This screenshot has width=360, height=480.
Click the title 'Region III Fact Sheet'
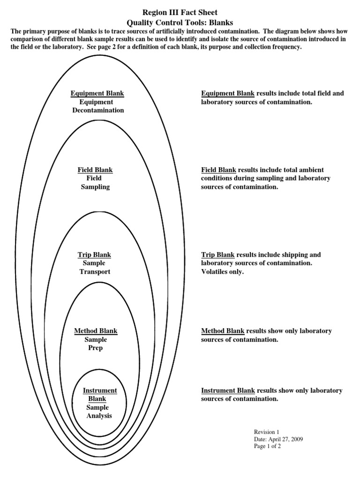(x=180, y=12)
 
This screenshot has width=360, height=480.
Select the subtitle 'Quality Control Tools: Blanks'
(x=180, y=22)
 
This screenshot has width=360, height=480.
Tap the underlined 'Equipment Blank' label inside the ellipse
(x=97, y=93)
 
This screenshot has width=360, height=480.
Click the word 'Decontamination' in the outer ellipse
(x=98, y=110)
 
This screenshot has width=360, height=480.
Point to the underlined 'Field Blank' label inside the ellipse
(x=95, y=170)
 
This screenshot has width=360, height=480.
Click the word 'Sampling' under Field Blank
(x=95, y=187)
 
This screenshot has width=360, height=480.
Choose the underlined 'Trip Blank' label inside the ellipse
(x=94, y=255)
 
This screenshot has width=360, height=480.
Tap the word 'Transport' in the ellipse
(x=95, y=272)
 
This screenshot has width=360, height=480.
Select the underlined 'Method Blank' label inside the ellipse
(x=96, y=331)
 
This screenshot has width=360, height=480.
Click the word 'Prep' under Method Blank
(x=96, y=348)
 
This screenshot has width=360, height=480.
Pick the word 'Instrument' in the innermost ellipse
(x=100, y=390)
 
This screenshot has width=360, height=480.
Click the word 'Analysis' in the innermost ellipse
(x=99, y=416)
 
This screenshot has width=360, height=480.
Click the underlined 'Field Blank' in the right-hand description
(x=218, y=170)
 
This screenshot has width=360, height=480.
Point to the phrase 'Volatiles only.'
(x=223, y=272)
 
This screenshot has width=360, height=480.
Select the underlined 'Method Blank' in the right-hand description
(x=223, y=331)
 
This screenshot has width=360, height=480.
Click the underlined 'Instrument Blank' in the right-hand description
(x=228, y=390)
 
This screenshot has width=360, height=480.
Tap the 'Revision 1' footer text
(x=266, y=432)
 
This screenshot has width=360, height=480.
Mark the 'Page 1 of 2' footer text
(x=267, y=446)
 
